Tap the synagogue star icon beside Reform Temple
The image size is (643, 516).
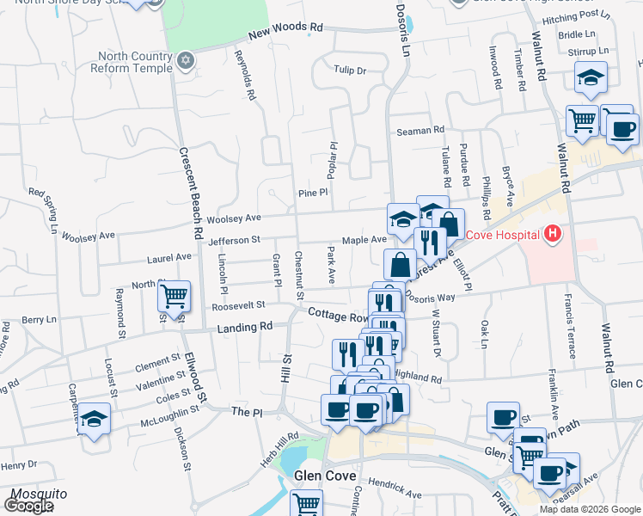184,63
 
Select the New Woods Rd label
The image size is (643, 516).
285,31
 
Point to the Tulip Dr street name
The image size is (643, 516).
350,71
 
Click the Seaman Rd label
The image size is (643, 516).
420,130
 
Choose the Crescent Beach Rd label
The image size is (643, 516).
191,192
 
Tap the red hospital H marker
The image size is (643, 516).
552,234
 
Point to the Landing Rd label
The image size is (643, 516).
244,327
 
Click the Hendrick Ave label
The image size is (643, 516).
398,494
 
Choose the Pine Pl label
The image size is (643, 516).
314,193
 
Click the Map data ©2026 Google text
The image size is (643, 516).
589,509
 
